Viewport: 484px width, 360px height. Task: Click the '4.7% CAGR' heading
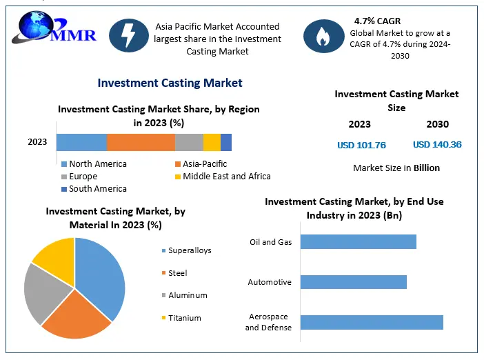pyautogui.click(x=378, y=21)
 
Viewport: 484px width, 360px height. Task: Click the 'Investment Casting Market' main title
pyautogui.click(x=170, y=83)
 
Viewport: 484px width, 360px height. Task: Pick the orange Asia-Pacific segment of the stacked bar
pyautogui.click(x=141, y=142)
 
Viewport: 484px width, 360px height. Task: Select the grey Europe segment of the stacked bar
pyautogui.click(x=189, y=142)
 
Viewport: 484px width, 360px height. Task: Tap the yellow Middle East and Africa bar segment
pyautogui.click(x=212, y=142)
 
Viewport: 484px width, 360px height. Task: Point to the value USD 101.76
pyautogui.click(x=361, y=145)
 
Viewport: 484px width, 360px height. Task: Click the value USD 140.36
pyautogui.click(x=437, y=145)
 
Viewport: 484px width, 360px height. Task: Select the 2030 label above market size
pyautogui.click(x=437, y=125)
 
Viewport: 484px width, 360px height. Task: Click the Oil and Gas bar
pyautogui.click(x=359, y=241)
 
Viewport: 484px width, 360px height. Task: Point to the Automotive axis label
pyautogui.click(x=270, y=282)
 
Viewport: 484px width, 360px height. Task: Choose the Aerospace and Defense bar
pyautogui.click(x=372, y=322)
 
